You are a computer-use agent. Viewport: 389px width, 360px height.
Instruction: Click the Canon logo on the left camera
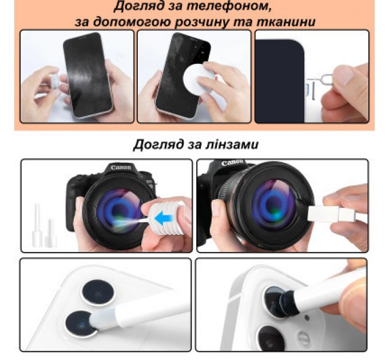click(x=121, y=168)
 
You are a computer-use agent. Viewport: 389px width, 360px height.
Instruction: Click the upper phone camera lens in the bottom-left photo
click(x=95, y=292)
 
